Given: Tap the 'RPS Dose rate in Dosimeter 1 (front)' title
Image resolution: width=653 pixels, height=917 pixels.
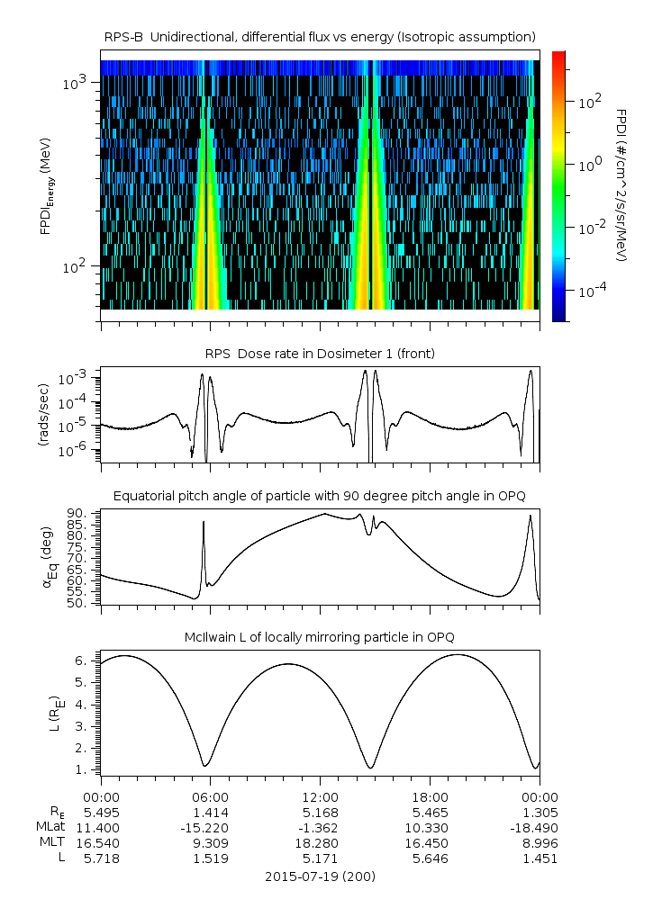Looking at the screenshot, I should click(x=320, y=354).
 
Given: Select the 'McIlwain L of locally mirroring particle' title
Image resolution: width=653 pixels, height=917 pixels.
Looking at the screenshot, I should click(x=320, y=637).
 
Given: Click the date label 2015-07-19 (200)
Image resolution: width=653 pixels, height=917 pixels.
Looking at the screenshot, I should click(x=320, y=876).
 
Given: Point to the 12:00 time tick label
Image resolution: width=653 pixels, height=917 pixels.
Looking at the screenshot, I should click(x=320, y=796).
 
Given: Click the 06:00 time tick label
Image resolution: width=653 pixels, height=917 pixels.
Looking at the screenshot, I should click(x=211, y=796).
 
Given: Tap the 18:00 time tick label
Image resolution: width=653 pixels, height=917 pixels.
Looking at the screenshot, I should click(x=430, y=796).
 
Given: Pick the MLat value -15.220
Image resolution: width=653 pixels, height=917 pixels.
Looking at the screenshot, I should click(x=211, y=827).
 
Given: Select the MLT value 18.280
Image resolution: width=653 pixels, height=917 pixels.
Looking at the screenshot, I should click(x=320, y=842).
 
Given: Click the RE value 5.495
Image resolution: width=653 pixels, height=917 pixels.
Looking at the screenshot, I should click(x=101, y=812).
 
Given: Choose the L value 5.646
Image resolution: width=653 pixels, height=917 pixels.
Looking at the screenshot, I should click(x=430, y=858).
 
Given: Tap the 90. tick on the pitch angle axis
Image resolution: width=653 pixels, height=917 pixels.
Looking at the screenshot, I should click(x=75, y=514).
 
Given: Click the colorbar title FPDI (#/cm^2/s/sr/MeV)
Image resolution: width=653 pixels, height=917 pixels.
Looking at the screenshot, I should click(x=621, y=185).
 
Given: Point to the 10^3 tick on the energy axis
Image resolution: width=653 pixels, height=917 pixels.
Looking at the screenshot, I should click(x=74, y=84).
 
